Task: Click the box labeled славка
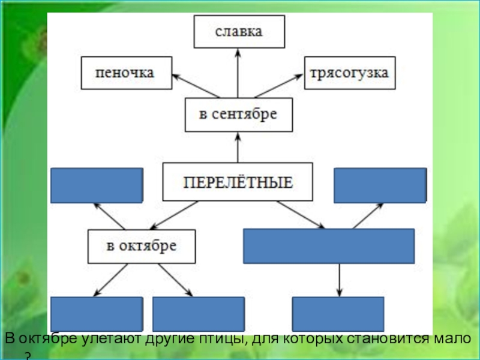[239, 32]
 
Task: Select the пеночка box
[126, 73]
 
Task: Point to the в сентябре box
[238, 115]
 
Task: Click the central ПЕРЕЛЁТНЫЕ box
[238, 182]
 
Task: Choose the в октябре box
[142, 246]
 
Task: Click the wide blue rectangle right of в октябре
[329, 246]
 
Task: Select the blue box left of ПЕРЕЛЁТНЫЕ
[97, 185]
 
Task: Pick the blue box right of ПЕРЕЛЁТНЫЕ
[380, 185]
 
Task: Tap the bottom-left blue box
[97, 314]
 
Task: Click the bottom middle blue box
[199, 314]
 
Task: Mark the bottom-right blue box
[338, 314]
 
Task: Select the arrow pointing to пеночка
[196, 86]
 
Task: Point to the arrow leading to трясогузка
[279, 86]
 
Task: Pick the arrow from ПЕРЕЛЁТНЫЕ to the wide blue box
[300, 214]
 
